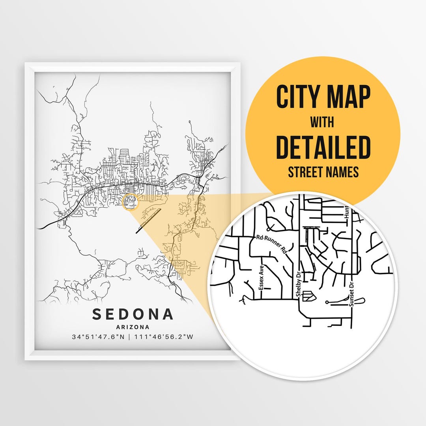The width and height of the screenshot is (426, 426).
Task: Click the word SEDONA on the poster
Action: (133, 314)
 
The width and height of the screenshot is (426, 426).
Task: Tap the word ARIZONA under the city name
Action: (133, 327)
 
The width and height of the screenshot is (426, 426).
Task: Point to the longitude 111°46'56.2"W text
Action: (164, 337)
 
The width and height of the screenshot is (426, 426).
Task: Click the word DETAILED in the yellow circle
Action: (323, 147)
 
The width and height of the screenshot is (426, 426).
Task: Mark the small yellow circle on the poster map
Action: (131, 202)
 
